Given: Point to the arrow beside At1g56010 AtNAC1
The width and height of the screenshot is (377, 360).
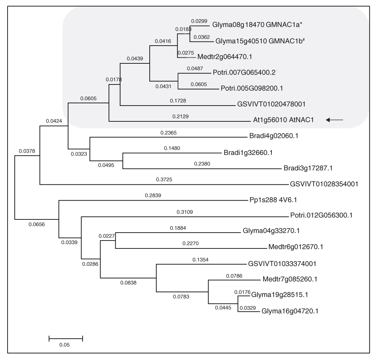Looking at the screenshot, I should [x=335, y=120].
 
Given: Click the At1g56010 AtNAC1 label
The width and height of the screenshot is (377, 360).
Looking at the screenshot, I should [x=284, y=120].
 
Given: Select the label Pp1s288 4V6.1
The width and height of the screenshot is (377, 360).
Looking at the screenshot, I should [x=268, y=201].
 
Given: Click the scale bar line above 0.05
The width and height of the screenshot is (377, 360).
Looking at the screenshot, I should [x=66, y=337].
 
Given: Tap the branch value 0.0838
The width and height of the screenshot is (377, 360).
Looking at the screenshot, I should [x=128, y=283].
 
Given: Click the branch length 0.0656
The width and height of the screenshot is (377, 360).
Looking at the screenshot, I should [x=36, y=224].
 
